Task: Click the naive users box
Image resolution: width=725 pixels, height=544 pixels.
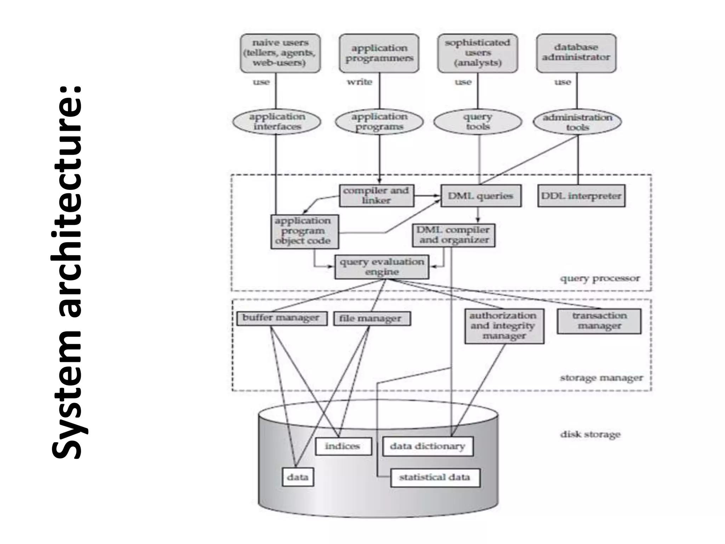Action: coord(280,53)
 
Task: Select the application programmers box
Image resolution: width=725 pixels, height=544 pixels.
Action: coord(379,53)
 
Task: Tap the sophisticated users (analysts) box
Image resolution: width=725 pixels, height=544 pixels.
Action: coord(478,53)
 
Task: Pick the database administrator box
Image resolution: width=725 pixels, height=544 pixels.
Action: coord(576,53)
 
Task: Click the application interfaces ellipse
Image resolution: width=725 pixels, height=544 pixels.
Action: coord(277,122)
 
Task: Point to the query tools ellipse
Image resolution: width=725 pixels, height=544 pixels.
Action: coord(478,122)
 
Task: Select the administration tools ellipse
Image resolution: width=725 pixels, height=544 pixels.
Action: coord(577,122)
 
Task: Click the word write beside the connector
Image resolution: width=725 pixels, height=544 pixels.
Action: coord(359,82)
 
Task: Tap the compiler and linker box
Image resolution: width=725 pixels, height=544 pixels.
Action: coord(376,195)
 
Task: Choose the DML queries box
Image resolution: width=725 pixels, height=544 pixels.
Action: coord(480,196)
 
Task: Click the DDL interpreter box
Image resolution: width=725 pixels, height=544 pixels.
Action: coord(581,196)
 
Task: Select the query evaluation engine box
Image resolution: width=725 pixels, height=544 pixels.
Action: coord(382,267)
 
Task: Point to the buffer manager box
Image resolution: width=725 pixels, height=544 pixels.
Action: coord(281,318)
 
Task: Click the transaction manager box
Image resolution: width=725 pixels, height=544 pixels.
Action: coord(599,321)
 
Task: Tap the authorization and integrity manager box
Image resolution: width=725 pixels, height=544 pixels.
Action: coord(504,326)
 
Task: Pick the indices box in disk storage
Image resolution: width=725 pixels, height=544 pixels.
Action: coord(343,446)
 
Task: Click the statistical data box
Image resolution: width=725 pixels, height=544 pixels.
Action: coord(435,477)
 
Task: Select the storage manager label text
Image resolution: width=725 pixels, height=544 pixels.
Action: coord(601,378)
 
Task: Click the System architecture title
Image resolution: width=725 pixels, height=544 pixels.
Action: coord(67,272)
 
